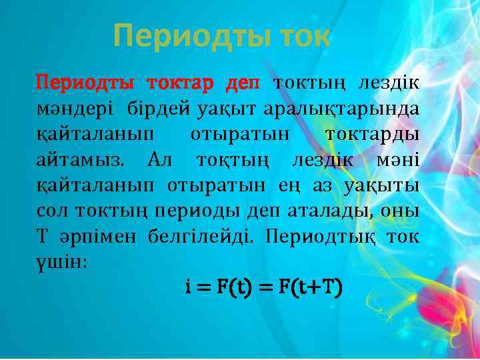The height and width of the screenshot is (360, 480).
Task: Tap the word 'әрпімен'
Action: [95, 237]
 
